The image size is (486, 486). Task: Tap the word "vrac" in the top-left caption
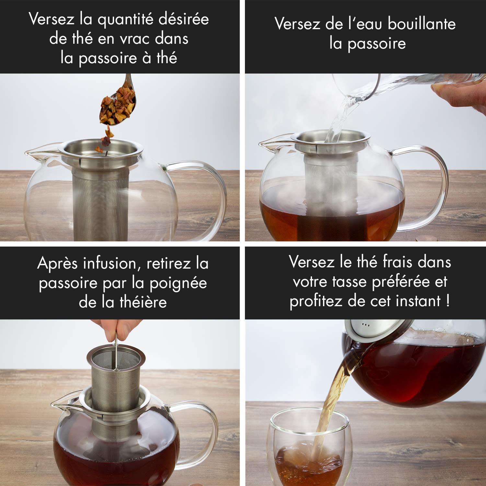pos(134,39)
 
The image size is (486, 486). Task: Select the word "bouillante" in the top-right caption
pos(422,24)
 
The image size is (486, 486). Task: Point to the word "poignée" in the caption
pos(178,283)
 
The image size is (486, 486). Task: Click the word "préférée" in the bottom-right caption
pos(401,282)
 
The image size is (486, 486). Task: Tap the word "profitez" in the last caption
pos(316,301)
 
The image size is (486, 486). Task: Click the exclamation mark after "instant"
pos(448,301)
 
